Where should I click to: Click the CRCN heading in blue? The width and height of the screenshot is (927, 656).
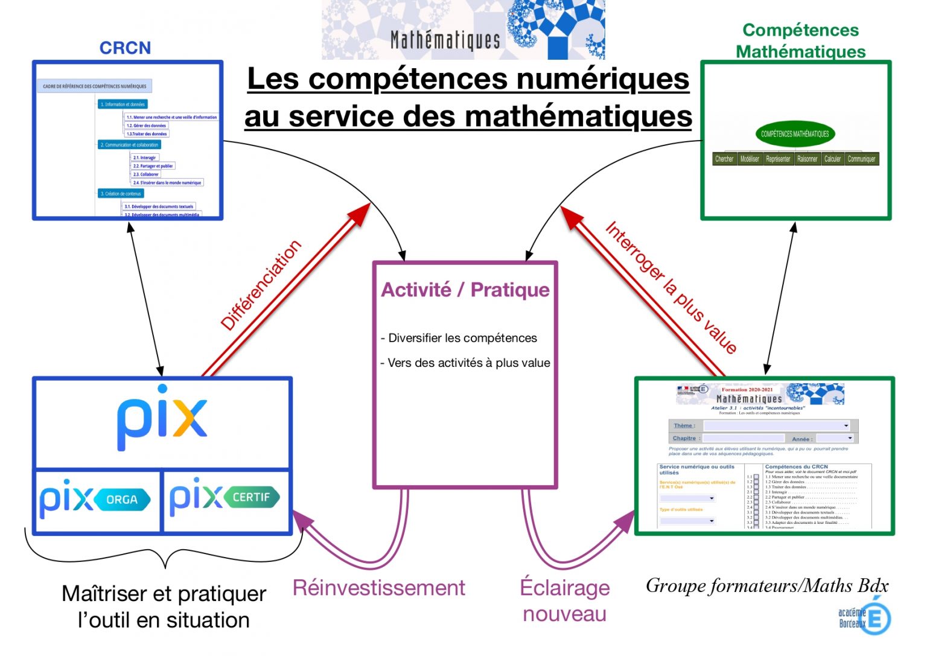tap(125, 48)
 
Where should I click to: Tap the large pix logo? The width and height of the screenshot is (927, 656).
tap(162, 418)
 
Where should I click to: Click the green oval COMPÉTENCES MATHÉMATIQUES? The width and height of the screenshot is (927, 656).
tap(795, 134)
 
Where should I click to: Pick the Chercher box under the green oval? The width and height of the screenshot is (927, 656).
tap(724, 159)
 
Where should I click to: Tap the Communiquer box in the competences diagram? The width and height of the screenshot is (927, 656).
tap(861, 159)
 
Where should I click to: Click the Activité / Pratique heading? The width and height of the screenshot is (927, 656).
tap(465, 290)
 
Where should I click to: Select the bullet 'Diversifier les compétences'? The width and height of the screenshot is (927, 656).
tap(462, 338)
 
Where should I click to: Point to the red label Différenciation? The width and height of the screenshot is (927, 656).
tap(261, 285)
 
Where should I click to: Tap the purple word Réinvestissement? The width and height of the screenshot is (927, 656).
tap(378, 587)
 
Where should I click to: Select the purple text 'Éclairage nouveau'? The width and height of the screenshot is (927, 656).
tap(564, 600)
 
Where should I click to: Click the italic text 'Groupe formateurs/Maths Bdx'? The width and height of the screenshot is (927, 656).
tap(766, 585)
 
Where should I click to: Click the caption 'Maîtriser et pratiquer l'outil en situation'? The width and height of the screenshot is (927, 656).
tap(164, 607)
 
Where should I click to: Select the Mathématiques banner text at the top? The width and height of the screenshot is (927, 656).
tap(445, 40)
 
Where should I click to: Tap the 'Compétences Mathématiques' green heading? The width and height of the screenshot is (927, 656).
tap(800, 40)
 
